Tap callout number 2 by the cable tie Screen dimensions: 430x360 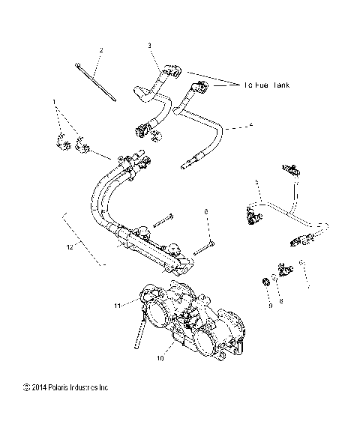101,50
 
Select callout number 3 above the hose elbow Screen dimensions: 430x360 149,46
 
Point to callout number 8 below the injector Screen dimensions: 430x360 282,300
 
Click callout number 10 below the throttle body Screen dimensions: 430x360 158,358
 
